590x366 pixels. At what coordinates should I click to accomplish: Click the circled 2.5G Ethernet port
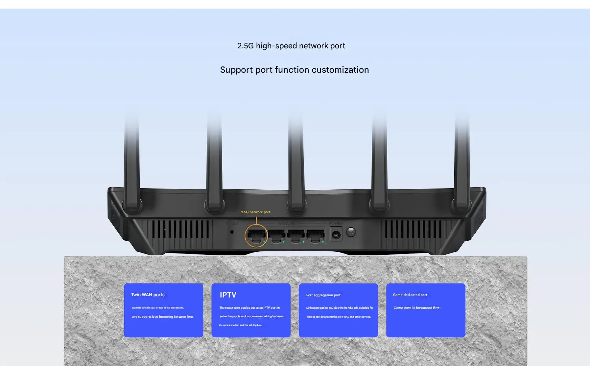pos(256,236)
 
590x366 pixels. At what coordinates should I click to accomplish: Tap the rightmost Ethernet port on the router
pos(316,236)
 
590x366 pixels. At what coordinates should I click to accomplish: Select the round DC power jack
pos(336,235)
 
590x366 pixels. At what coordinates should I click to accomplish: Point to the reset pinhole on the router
pos(232,232)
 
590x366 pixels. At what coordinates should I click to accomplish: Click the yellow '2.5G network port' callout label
pos(255,212)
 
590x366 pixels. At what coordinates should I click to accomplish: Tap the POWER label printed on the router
pos(336,223)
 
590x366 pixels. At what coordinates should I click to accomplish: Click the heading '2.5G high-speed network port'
pos(291,46)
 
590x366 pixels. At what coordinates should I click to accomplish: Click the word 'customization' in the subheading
pos(340,70)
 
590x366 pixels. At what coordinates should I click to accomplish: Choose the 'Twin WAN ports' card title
pos(148,295)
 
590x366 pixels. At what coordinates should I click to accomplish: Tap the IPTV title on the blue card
pos(228,295)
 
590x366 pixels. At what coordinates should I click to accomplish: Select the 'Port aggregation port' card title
pos(323,295)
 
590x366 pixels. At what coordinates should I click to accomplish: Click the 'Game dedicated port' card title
pos(410,295)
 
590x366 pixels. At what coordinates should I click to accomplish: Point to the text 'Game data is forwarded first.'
pos(417,308)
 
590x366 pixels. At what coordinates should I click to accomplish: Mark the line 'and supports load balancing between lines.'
pos(163,317)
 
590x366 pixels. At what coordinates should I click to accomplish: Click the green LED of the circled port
pos(264,242)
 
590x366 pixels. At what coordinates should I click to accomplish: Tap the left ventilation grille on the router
pos(180,229)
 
